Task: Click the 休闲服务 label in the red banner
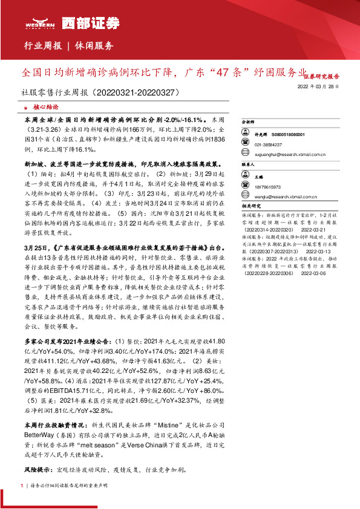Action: click(94, 45)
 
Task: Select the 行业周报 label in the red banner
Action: click(42, 45)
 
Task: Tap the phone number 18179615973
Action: click(269, 187)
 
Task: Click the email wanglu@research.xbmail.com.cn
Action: click(284, 196)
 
